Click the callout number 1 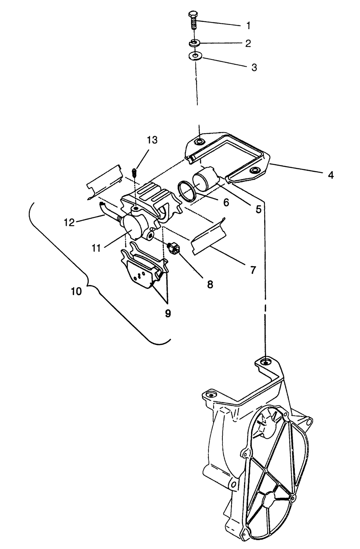point(248,26)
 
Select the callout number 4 point(330,175)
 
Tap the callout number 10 point(76,291)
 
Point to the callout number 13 point(152,140)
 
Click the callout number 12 point(69,222)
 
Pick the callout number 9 point(168,313)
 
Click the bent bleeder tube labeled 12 point(106,209)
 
